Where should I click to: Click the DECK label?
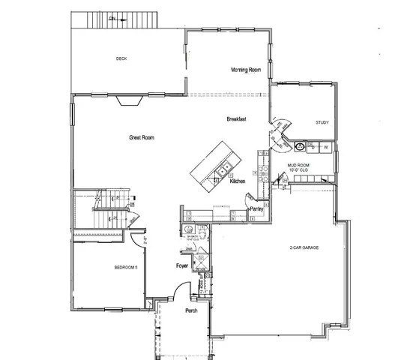[x=121, y=58]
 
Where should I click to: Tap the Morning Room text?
[x=245, y=69]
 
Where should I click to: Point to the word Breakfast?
[x=237, y=120]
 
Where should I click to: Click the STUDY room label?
[x=322, y=122]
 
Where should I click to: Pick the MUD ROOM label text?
[x=298, y=166]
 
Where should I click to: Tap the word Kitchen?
[x=238, y=181]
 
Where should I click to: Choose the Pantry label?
[x=256, y=209]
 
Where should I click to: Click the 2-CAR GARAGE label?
[x=307, y=247]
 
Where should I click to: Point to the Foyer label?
[x=181, y=266]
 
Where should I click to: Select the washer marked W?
[x=325, y=147]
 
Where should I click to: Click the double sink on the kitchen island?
[x=224, y=166]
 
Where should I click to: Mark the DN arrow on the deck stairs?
[x=112, y=17]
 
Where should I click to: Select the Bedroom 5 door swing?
[x=135, y=241]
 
